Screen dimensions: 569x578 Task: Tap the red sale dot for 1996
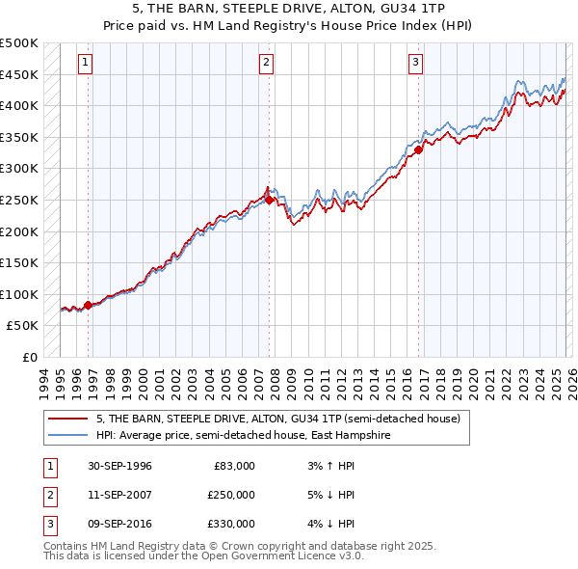coord(88,305)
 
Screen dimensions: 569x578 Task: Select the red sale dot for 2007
coord(269,200)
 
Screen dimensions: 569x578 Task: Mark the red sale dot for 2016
coord(419,149)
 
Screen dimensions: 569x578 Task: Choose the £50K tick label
coord(23,326)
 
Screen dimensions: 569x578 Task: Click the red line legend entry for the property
coord(279,419)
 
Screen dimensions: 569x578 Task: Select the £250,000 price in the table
coord(231,495)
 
